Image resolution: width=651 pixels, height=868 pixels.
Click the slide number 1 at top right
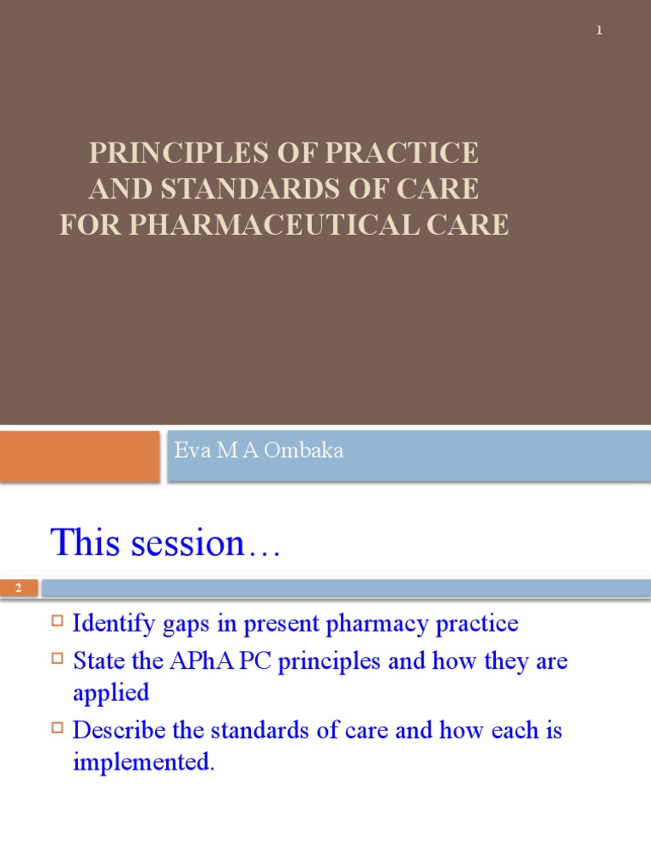tap(599, 31)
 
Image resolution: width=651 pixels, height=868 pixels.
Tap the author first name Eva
tap(190, 451)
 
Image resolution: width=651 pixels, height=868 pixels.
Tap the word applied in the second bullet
tap(111, 693)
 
